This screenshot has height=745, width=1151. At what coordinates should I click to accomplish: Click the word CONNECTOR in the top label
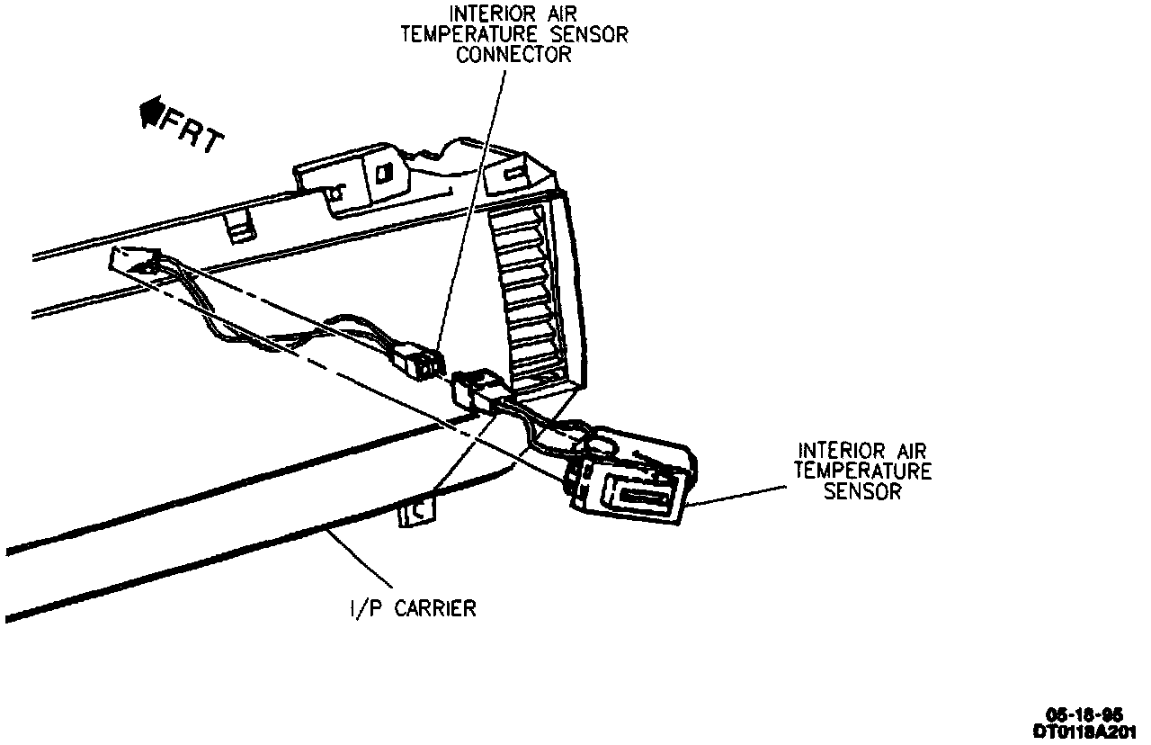[x=513, y=54]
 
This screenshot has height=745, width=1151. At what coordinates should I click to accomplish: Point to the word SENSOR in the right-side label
[x=862, y=491]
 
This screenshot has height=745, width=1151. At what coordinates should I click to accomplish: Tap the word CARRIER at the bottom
[x=435, y=609]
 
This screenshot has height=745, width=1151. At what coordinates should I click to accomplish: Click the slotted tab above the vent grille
[x=512, y=175]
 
